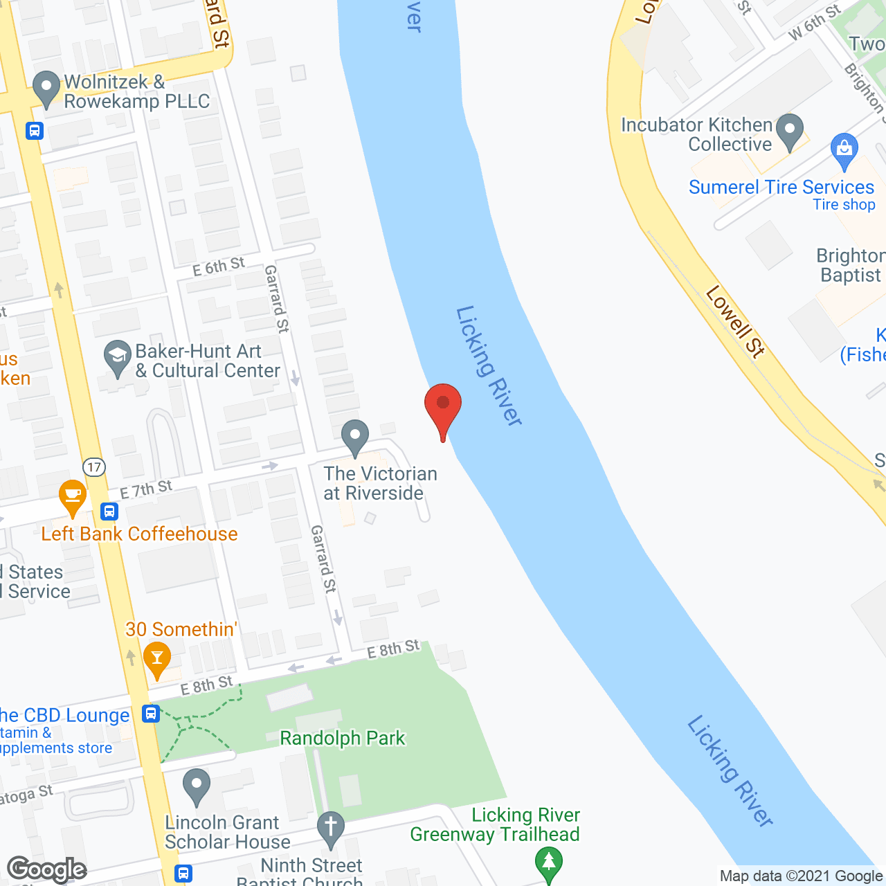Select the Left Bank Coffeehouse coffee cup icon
click(72, 496)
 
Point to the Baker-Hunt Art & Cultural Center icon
click(117, 358)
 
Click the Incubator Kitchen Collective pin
click(789, 131)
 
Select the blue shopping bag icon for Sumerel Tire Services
click(844, 150)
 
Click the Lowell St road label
click(735, 322)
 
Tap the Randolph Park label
click(342, 739)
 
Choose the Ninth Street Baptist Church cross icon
click(331, 828)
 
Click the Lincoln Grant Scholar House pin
click(197, 786)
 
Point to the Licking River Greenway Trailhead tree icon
click(549, 862)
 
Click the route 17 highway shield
click(94, 467)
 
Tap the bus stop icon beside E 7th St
click(109, 512)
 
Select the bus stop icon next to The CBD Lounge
click(151, 714)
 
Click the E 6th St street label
click(219, 266)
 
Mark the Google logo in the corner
click(47, 869)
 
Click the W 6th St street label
click(815, 21)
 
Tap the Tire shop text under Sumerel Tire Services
click(844, 205)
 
